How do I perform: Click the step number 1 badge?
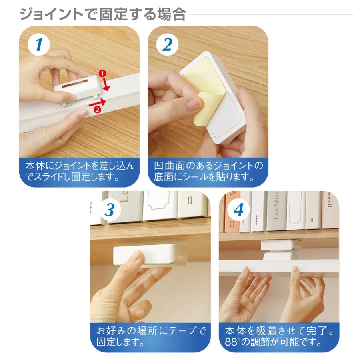38,45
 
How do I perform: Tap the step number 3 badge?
109,210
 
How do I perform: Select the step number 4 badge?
238,210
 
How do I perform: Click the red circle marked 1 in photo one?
102,74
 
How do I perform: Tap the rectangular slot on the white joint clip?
74,85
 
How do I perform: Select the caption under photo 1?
80,171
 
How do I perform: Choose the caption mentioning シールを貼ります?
208,171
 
